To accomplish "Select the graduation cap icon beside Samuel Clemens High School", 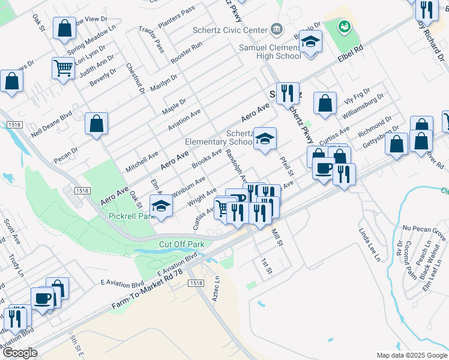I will click(x=310, y=42).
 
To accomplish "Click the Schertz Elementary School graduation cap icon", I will click(x=264, y=139).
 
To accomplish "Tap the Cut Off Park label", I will click(x=181, y=244).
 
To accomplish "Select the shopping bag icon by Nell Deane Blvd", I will click(x=96, y=125).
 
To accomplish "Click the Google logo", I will click(x=20, y=353).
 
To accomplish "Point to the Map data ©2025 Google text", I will click(x=411, y=355).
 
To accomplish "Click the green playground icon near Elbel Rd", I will click(x=344, y=26).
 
